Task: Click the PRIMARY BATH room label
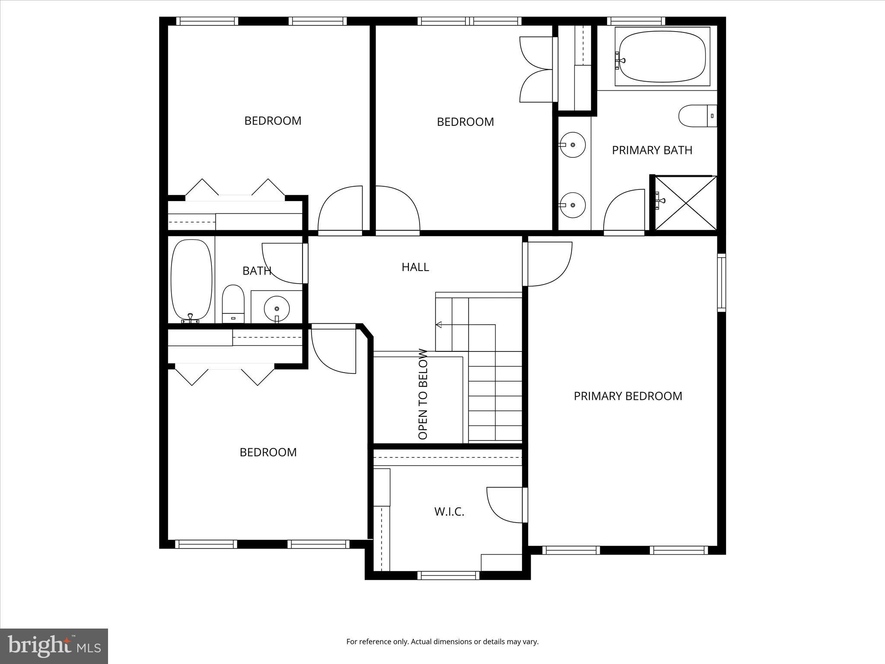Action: [652, 150]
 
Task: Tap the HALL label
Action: [415, 267]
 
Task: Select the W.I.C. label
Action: [449, 512]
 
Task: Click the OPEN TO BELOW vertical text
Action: [423, 394]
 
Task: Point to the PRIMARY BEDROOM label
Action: [627, 396]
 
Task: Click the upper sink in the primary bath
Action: [573, 145]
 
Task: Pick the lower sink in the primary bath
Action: [573, 205]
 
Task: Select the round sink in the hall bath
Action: [276, 308]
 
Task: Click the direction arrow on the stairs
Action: [439, 325]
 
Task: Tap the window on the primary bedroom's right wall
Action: [721, 283]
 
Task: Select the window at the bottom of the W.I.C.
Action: [449, 575]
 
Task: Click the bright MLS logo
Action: [54, 646]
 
